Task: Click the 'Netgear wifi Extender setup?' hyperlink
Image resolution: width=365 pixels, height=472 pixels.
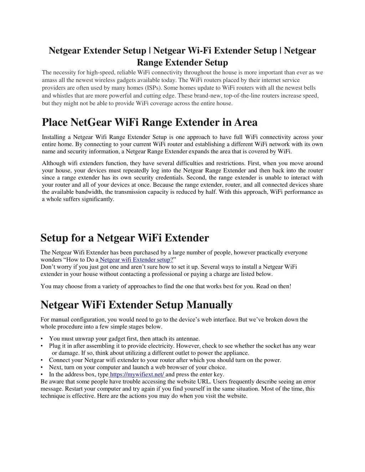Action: (137, 260)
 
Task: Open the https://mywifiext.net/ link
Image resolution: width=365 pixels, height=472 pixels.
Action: (137, 374)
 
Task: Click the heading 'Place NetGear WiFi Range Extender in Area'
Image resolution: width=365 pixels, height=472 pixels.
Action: (149, 122)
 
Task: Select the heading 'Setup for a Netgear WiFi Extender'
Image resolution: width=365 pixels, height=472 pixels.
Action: (125, 238)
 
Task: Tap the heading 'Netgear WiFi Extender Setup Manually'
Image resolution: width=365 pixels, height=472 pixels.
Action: (137, 305)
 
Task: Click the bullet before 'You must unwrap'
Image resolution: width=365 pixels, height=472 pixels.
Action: (42, 339)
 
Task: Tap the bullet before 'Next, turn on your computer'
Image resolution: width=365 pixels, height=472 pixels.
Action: (42, 367)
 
